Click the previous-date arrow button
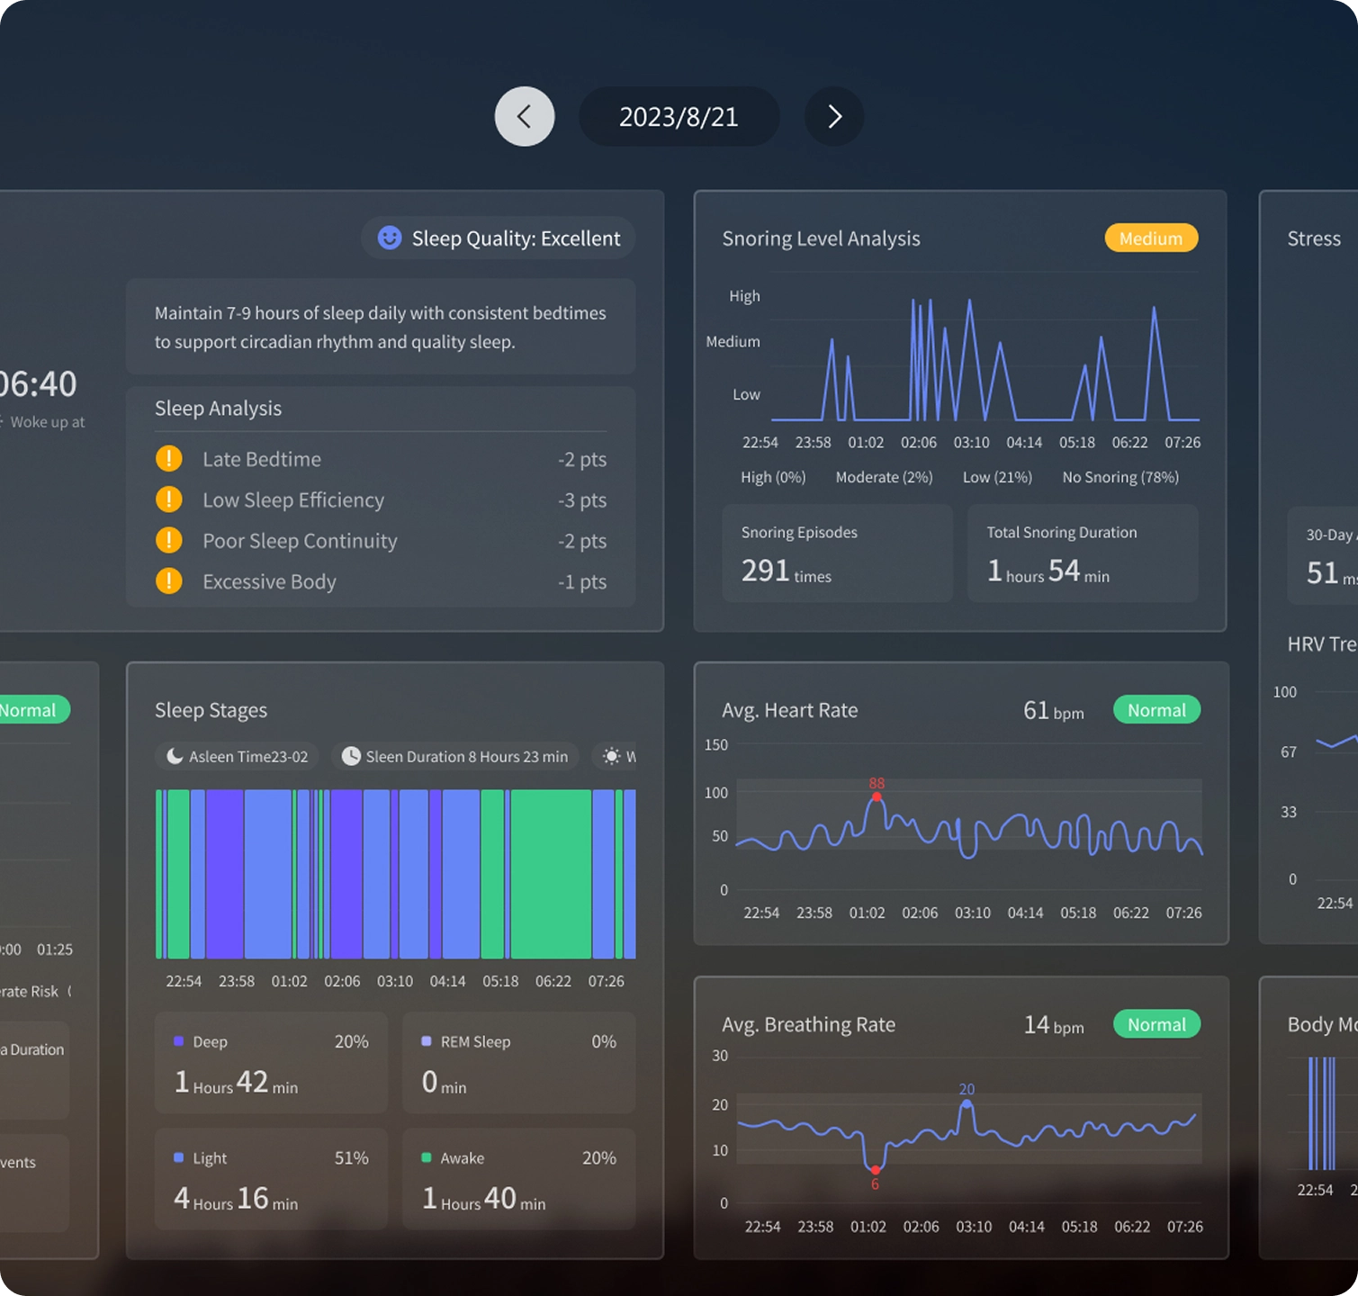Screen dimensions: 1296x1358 click(x=525, y=116)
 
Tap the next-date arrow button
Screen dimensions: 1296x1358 click(x=834, y=116)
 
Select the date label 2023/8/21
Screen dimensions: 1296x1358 click(x=679, y=117)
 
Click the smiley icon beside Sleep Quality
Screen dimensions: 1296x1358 click(x=390, y=238)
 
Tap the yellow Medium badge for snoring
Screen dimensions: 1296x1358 click(x=1151, y=238)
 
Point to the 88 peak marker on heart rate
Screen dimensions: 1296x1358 click(x=877, y=796)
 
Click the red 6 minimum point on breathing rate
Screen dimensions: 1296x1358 click(x=875, y=1170)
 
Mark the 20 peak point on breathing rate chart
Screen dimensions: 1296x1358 click(x=967, y=1103)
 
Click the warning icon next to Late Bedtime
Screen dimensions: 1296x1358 click(x=169, y=459)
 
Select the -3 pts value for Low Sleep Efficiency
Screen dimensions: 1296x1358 click(x=581, y=500)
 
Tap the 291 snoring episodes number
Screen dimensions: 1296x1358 click(x=765, y=571)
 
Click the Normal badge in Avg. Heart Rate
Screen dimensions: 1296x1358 click(x=1156, y=710)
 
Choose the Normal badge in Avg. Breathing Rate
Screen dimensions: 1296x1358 click(x=1156, y=1024)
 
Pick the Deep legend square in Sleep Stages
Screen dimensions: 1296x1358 click(x=179, y=1041)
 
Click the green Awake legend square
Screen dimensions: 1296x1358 click(x=427, y=1157)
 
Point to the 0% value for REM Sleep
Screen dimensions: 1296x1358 click(x=603, y=1041)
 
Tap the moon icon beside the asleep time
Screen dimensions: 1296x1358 click(x=175, y=756)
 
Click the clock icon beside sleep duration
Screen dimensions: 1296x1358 click(x=351, y=756)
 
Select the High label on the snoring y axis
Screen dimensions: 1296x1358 click(x=744, y=296)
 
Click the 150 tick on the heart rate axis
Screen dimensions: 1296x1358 click(x=716, y=745)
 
